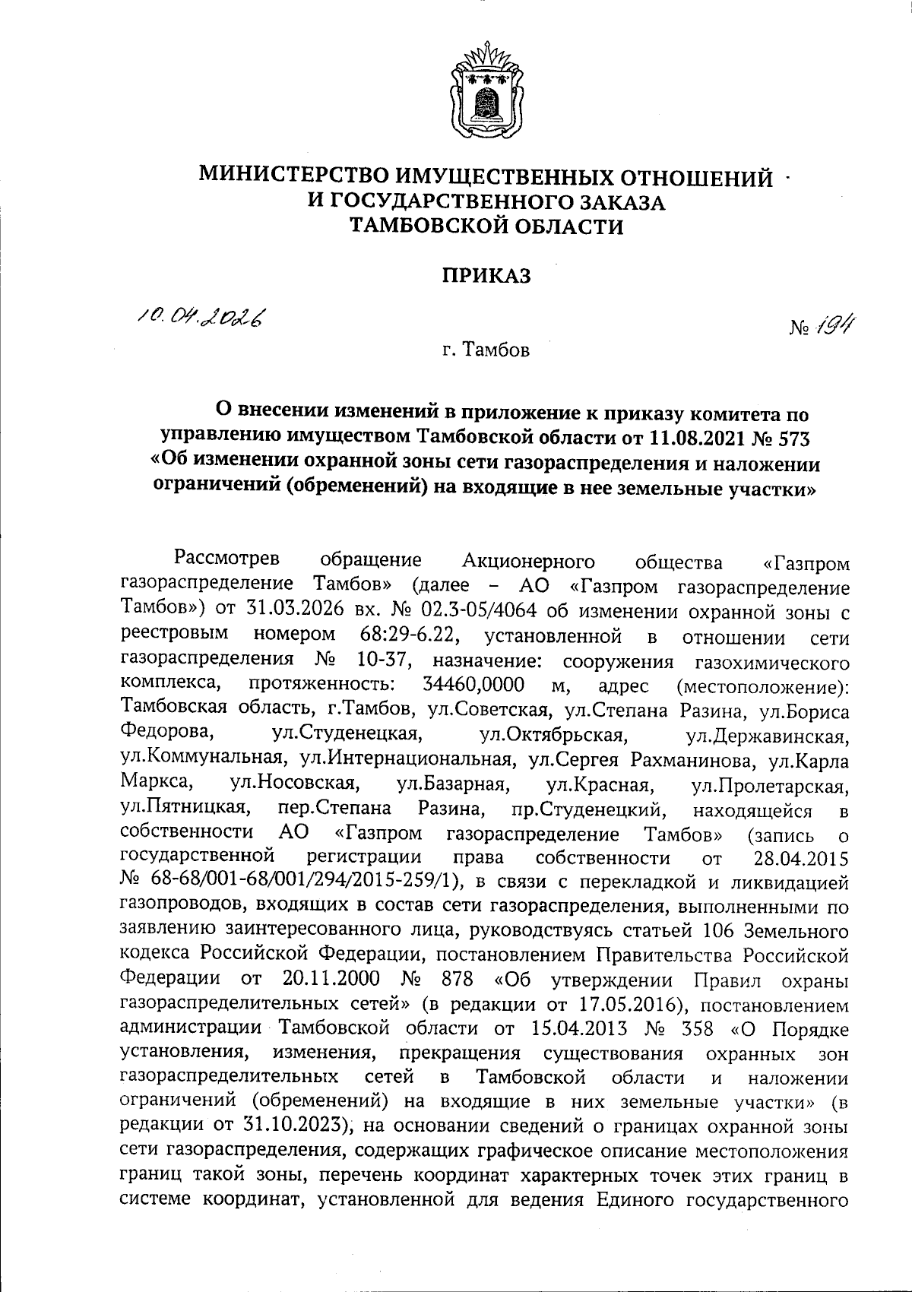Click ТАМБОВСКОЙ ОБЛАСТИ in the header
(x=486, y=226)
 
